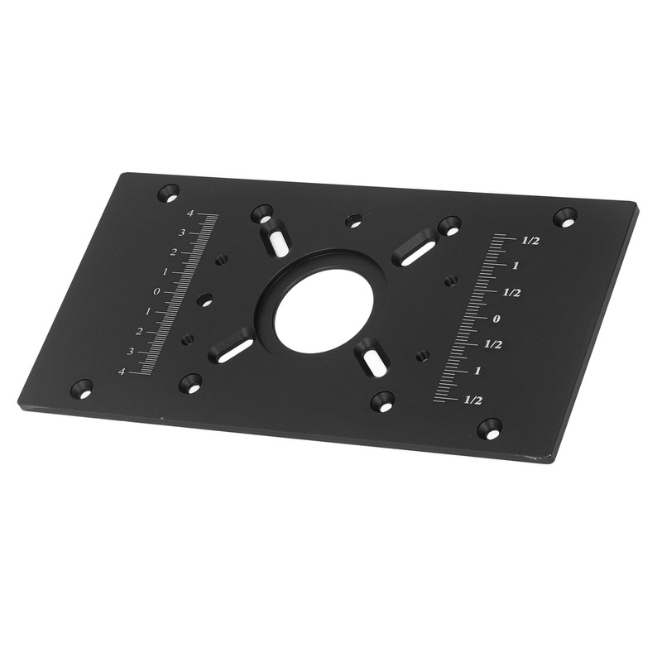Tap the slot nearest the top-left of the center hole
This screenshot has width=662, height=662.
pos(276,241)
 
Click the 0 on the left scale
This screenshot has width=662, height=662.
pos(156,292)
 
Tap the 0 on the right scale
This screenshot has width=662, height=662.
pos(497,319)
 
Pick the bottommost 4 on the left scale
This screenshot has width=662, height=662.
pos(122,372)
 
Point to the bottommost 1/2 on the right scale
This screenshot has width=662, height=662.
pos(473,400)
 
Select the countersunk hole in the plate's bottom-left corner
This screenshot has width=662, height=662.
pos(81,386)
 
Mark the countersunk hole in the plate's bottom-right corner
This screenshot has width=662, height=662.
pos(490,429)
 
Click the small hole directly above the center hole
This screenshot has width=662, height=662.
pos(354,221)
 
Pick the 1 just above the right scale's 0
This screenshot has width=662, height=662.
pos(515,266)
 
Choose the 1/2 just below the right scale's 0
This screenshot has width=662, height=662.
pos(494,343)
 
